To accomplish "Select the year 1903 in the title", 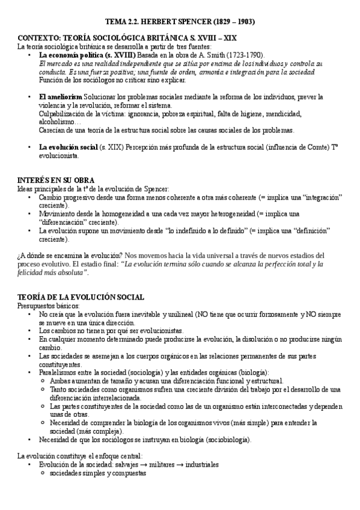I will [x=245, y=22].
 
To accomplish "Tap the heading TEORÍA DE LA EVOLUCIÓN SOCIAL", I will [x=81, y=297].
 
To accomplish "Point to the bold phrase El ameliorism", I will [x=61, y=97].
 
